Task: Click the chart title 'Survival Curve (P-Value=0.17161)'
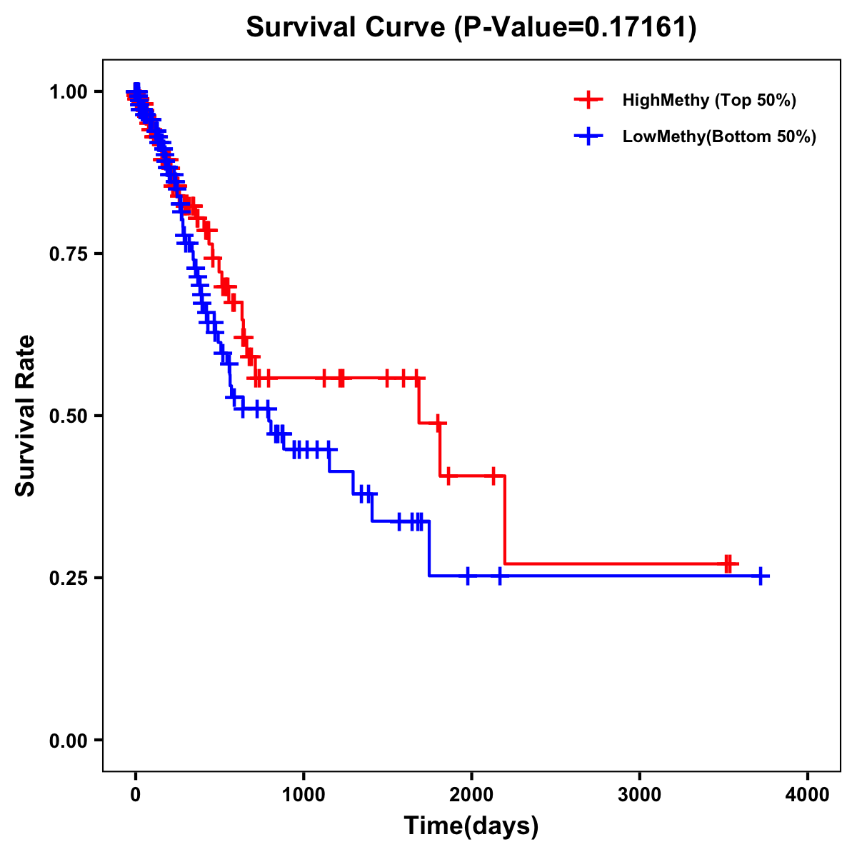click(x=471, y=27)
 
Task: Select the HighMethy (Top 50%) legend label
click(x=709, y=100)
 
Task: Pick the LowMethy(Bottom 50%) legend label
click(x=719, y=136)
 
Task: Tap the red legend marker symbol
click(x=588, y=100)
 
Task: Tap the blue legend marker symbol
click(x=588, y=136)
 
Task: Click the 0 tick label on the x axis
click(x=136, y=795)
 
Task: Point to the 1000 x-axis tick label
click(x=304, y=795)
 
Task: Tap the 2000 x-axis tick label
click(x=471, y=795)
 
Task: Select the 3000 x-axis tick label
click(x=640, y=795)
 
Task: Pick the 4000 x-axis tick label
click(x=808, y=795)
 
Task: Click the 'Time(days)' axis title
click(x=471, y=826)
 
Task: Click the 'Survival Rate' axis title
click(x=26, y=416)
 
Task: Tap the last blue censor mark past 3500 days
click(x=761, y=576)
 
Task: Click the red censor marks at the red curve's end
click(x=728, y=563)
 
